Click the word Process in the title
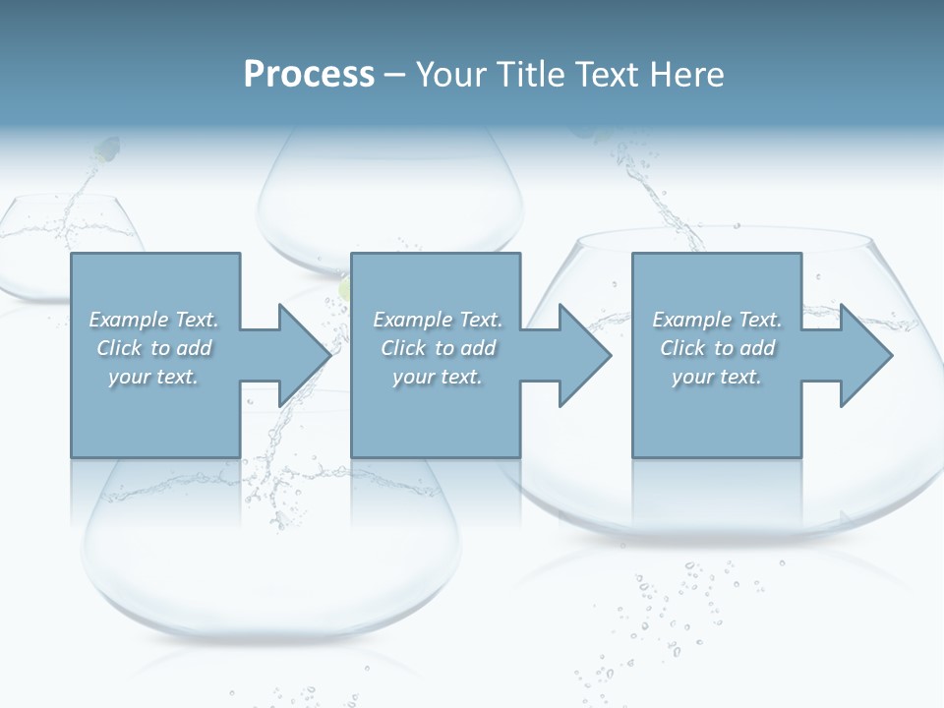click(309, 74)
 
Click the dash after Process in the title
click(395, 75)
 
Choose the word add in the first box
click(194, 348)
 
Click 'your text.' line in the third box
click(717, 377)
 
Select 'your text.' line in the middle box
click(437, 377)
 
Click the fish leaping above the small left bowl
click(105, 149)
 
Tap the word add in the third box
click(757, 348)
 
